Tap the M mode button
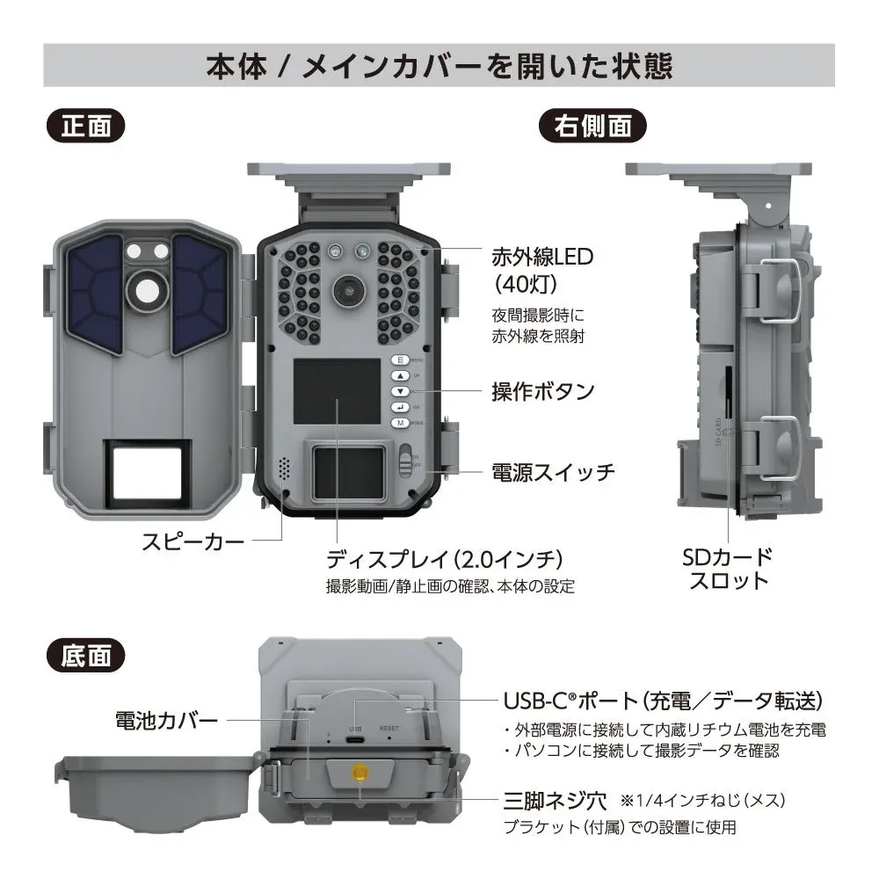coord(399,423)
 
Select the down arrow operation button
coord(399,391)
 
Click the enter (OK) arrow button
coord(399,407)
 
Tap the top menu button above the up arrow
coord(399,360)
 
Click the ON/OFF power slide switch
coord(405,460)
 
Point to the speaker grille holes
coord(283,468)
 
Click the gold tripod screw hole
coord(358,773)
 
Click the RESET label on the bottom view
coord(389,729)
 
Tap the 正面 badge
coord(86,126)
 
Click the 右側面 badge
coord(592,126)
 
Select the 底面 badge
coord(86,654)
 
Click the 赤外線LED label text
coord(542,257)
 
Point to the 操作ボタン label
coord(542,391)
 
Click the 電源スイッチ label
coord(552,473)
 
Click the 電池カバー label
coord(166,722)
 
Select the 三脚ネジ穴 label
coord(555,801)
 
